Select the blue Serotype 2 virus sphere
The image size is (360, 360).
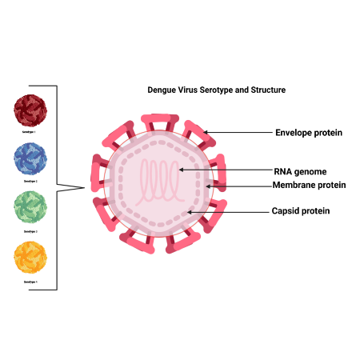click(x=30, y=159)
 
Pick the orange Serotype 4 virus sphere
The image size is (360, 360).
click(x=30, y=258)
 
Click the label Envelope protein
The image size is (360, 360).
click(x=309, y=133)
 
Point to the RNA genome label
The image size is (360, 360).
click(x=299, y=170)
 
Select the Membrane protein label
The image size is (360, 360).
click(x=309, y=185)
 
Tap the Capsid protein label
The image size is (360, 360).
click(x=302, y=211)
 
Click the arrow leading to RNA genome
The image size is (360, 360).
click(x=224, y=170)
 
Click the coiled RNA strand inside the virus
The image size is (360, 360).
click(x=161, y=182)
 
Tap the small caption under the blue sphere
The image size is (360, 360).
click(x=30, y=182)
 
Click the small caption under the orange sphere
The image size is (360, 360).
click(x=30, y=282)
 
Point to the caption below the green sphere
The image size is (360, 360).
click(x=30, y=231)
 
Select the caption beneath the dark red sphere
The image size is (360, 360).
click(x=30, y=133)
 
